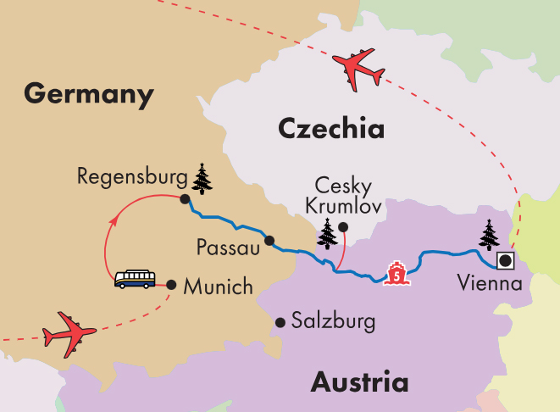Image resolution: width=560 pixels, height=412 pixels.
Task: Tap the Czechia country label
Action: [x=330, y=129]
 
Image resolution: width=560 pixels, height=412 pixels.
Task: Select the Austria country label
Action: [x=359, y=382]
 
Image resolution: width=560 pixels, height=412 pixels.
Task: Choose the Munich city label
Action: [x=219, y=287]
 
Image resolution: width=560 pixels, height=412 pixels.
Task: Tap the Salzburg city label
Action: [x=332, y=321]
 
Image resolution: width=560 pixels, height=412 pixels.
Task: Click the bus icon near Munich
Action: [x=135, y=280]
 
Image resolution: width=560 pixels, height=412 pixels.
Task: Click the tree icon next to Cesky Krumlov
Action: [x=326, y=233]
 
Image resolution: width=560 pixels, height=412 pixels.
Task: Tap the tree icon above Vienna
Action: [x=489, y=235]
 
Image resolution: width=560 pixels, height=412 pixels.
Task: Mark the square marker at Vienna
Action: [x=506, y=260]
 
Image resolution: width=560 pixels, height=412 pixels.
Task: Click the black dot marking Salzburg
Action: [x=280, y=321]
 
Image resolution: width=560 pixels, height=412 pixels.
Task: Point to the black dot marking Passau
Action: [x=269, y=240]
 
